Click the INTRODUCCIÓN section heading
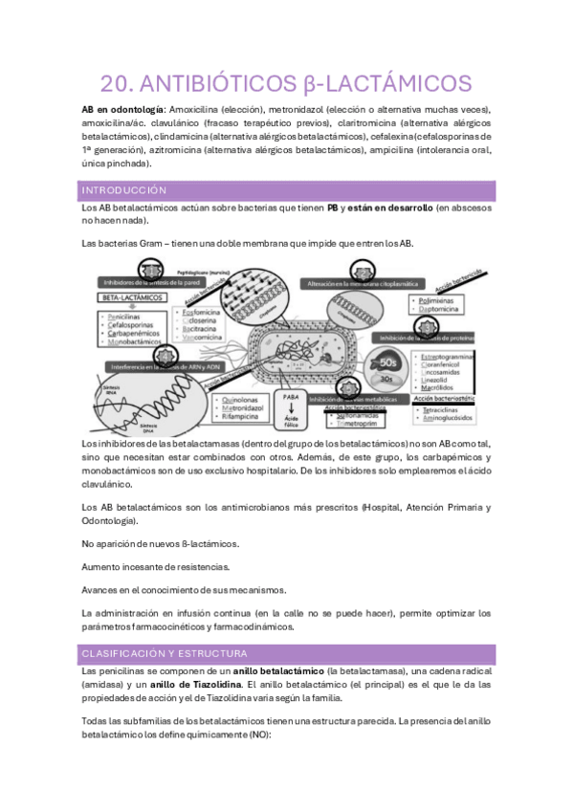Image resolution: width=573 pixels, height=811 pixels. pos(124,190)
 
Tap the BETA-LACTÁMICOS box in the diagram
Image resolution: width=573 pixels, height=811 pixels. pos(128,298)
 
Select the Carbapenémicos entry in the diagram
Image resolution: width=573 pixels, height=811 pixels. pos(142,332)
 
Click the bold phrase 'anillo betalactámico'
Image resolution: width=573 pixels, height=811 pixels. pos(278,671)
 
